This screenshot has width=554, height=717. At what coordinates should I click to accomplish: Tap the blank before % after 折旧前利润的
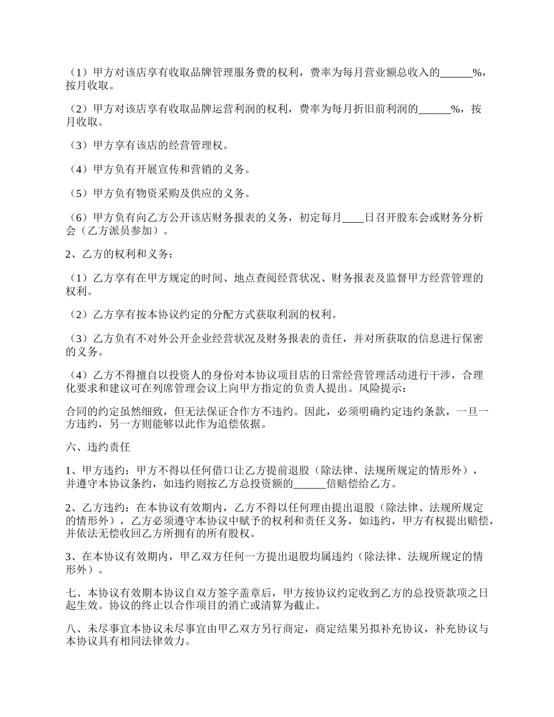[x=434, y=109]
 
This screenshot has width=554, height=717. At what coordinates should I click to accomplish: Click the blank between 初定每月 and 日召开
[x=353, y=218]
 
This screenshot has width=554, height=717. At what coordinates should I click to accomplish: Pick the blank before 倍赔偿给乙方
[x=309, y=484]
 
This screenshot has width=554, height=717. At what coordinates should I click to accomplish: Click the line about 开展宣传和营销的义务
[x=157, y=170]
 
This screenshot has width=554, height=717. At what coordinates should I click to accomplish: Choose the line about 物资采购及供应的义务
[x=157, y=194]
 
